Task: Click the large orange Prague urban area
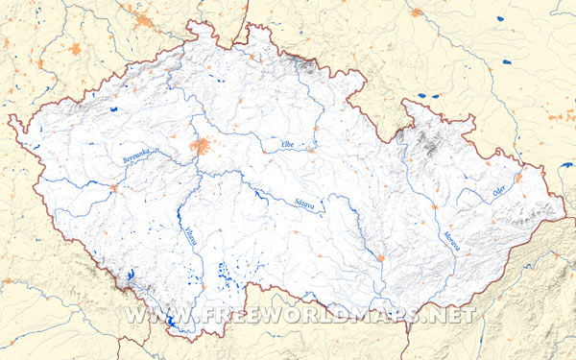point(202,146)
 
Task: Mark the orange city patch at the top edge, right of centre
point(416,12)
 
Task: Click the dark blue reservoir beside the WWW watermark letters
point(171,324)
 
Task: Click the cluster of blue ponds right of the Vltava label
point(228,276)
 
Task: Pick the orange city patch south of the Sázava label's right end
point(382,257)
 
